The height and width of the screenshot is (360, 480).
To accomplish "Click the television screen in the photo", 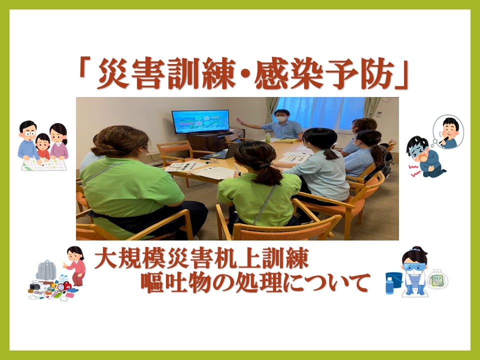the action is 200,121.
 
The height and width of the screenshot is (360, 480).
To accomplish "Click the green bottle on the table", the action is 267,138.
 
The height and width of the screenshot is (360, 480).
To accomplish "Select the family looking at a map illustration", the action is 43,145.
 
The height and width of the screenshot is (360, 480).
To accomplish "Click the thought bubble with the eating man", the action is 447,132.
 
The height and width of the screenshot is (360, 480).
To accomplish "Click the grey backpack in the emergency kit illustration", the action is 46,270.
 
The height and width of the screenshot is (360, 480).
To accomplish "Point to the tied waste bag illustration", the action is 438,279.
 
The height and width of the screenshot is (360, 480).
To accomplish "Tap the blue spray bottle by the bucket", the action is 389,285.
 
